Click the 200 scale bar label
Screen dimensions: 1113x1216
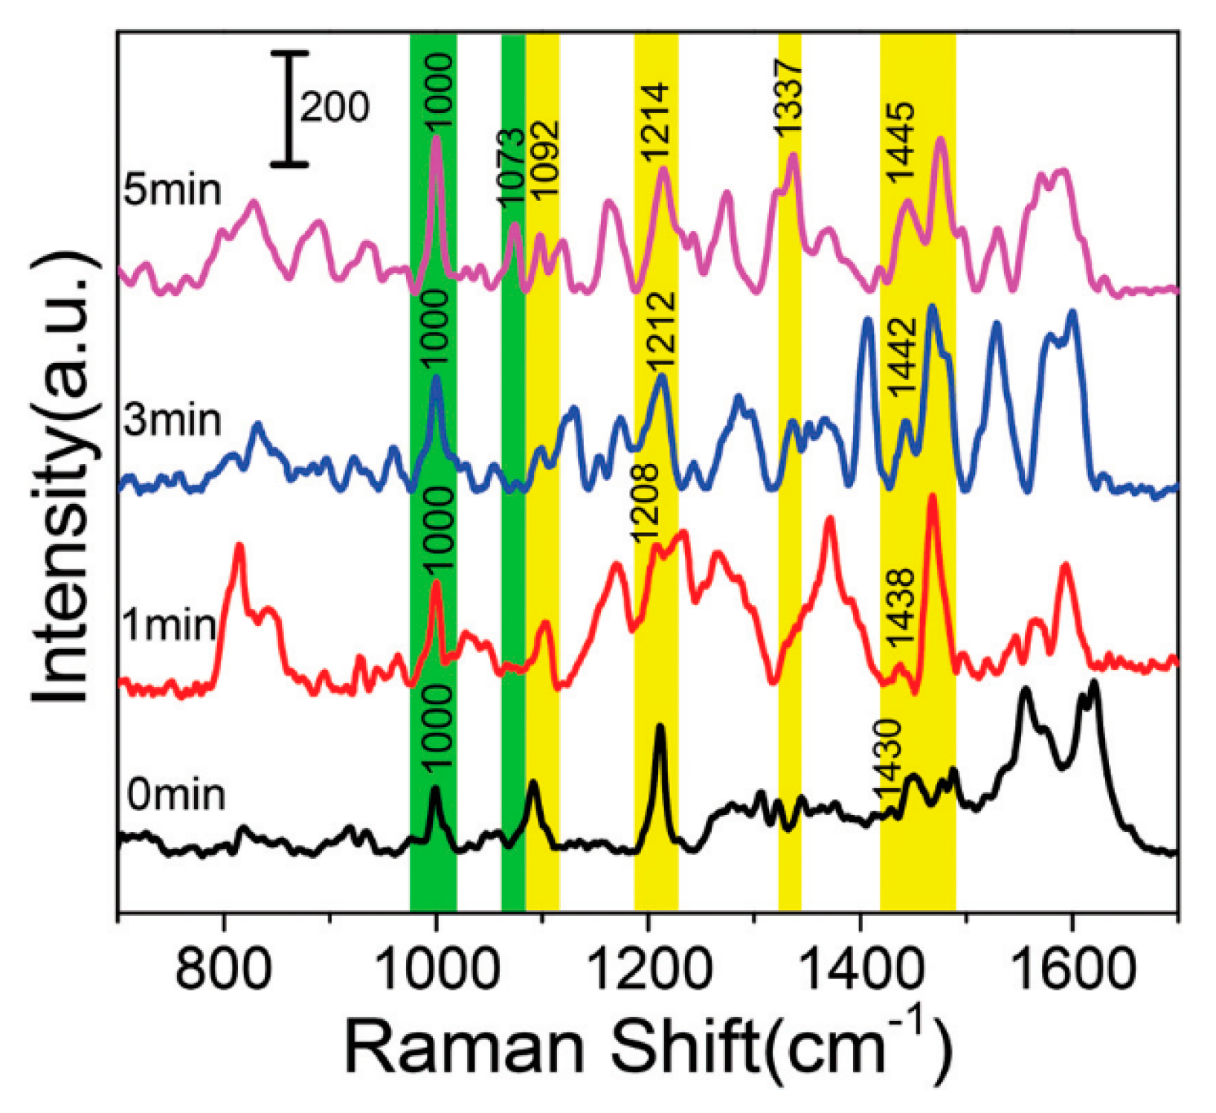tap(335, 107)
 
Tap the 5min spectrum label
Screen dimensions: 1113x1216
tap(173, 190)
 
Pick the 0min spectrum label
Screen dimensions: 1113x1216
tap(176, 795)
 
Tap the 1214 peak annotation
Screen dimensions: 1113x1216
tap(657, 123)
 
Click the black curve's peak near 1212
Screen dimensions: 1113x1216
tap(660, 726)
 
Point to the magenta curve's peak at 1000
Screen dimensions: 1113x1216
tap(437, 137)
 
